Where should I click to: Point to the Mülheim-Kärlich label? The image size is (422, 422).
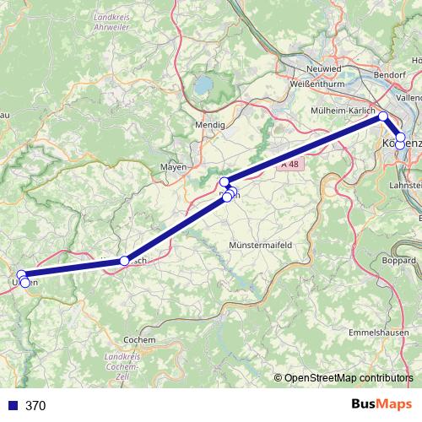pyautogui.click(x=344, y=111)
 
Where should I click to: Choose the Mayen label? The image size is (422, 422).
pyautogui.click(x=173, y=167)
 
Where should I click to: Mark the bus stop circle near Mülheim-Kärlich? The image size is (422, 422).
pyautogui.click(x=382, y=116)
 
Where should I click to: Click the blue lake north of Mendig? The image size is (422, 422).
pyautogui.click(x=203, y=84)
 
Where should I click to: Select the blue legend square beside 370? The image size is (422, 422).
pyautogui.click(x=13, y=405)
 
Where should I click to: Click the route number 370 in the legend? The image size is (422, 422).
pyautogui.click(x=35, y=405)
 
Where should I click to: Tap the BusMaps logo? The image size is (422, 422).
pyautogui.click(x=378, y=404)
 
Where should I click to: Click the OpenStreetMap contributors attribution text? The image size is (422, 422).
pyautogui.click(x=349, y=379)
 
